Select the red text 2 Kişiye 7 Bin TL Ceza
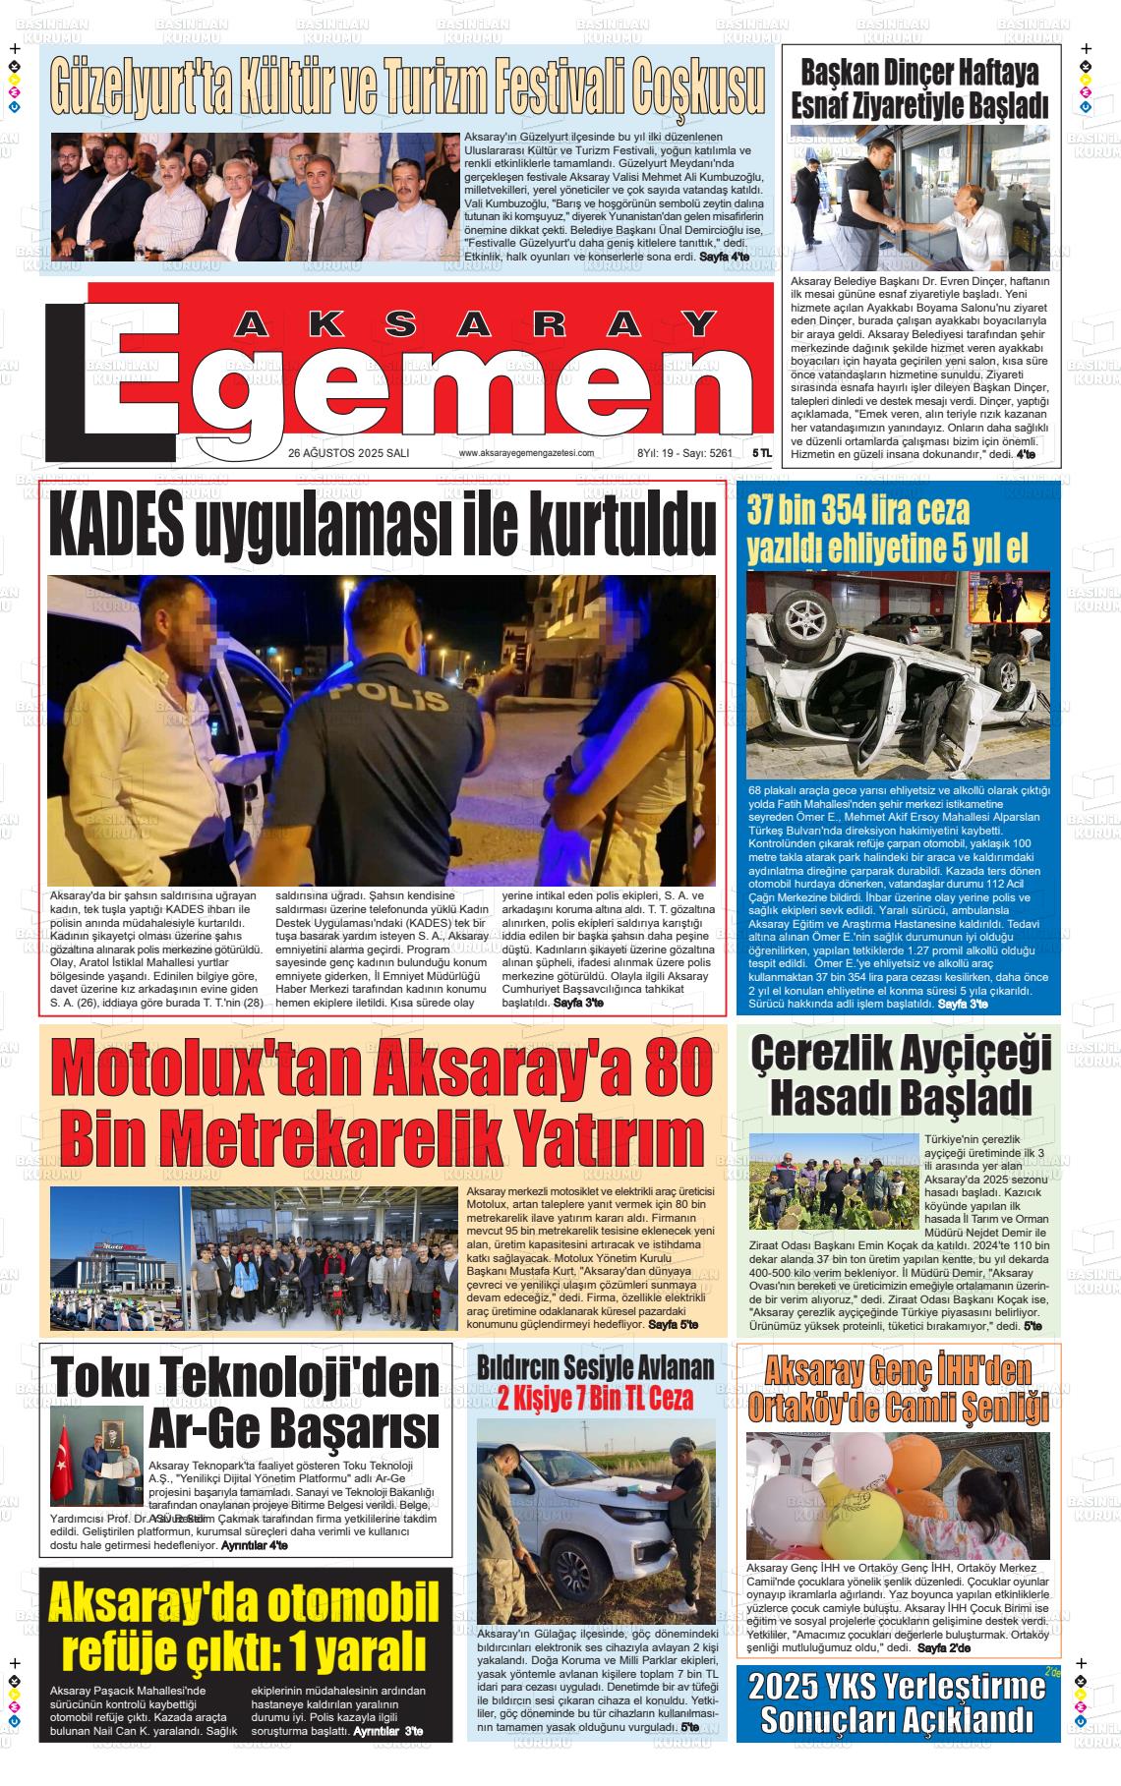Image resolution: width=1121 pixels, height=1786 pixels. pyautogui.click(x=595, y=1398)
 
